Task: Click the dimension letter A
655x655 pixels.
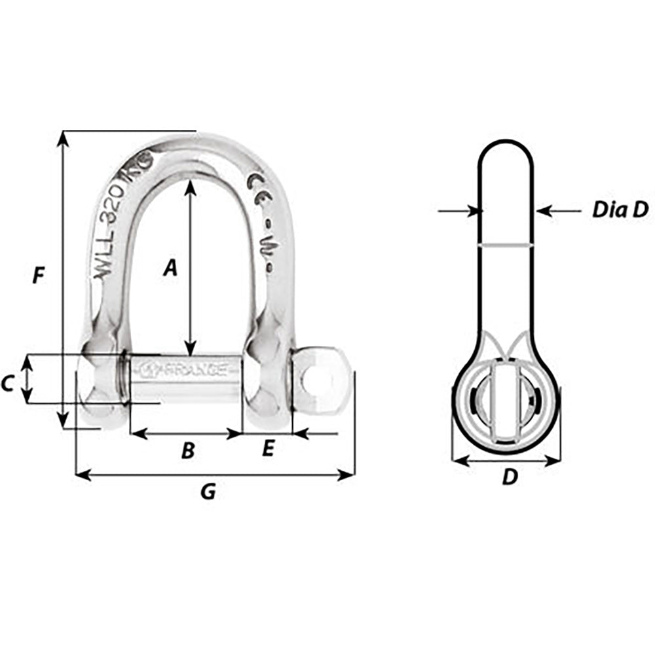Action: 170,268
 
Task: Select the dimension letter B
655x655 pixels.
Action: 187,451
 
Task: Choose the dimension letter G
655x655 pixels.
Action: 208,491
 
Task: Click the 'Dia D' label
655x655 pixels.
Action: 620,210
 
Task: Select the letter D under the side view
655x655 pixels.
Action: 509,478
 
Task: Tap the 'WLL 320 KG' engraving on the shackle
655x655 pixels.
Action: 121,216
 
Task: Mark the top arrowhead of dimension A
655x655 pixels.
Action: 190,186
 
